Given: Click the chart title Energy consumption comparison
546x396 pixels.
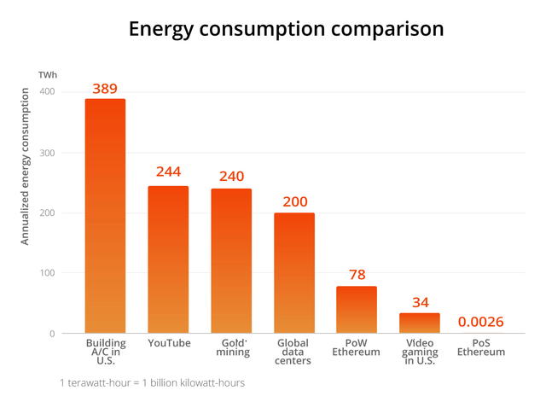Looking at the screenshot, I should click(x=286, y=28).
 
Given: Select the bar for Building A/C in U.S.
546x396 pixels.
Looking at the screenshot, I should click(x=105, y=216).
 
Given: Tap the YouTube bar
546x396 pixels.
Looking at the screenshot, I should click(x=168, y=259).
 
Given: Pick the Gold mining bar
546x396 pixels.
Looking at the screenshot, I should click(x=231, y=261).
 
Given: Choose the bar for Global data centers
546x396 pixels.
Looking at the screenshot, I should click(x=293, y=273).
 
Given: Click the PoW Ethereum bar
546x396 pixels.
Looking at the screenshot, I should click(x=357, y=310).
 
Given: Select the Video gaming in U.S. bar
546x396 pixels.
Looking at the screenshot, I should click(x=420, y=323).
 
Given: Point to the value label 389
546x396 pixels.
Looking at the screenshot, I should click(x=105, y=89).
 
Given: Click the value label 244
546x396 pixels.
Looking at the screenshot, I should click(x=168, y=172).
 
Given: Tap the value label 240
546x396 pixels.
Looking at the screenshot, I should click(x=231, y=176).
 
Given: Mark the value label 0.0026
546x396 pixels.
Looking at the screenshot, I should click(x=481, y=322).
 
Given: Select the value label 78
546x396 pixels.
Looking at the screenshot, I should click(x=357, y=274).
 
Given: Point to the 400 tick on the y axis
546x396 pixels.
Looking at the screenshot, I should click(x=46, y=92).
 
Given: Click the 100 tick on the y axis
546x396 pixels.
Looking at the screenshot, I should click(x=46, y=273).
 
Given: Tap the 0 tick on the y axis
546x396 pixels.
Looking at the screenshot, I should click(x=51, y=334).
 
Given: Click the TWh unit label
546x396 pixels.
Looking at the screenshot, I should click(x=47, y=75).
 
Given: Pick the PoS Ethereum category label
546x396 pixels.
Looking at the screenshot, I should click(x=481, y=347).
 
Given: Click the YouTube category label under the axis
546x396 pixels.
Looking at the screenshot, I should click(x=168, y=343).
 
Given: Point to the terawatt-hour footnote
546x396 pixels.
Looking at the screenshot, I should click(x=152, y=382).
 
